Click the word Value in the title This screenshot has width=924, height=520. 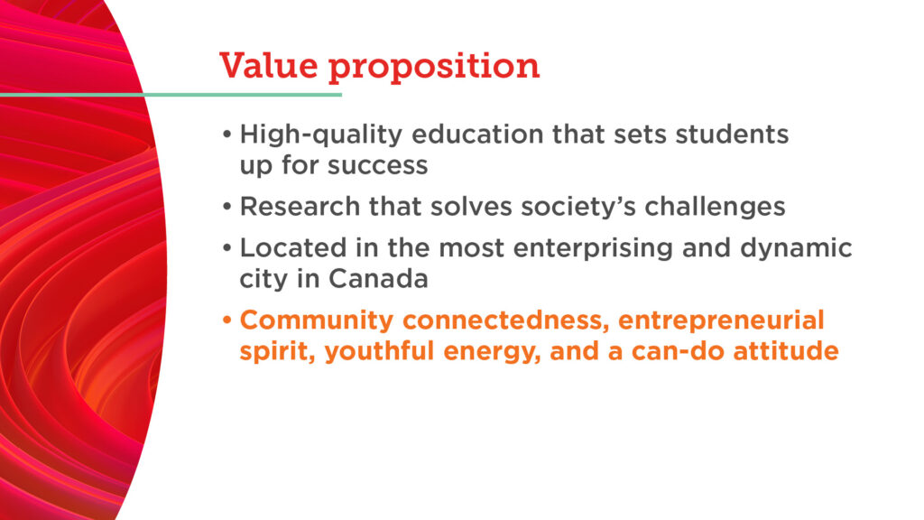click(x=269, y=65)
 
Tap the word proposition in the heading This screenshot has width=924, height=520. click(x=434, y=68)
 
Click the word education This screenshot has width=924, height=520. click(x=477, y=135)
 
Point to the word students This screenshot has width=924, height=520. click(x=732, y=135)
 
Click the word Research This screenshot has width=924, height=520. click(x=300, y=207)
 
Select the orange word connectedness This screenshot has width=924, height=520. click(x=505, y=321)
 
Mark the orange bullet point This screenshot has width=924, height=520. click(x=227, y=320)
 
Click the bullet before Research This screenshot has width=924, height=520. click(x=227, y=207)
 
